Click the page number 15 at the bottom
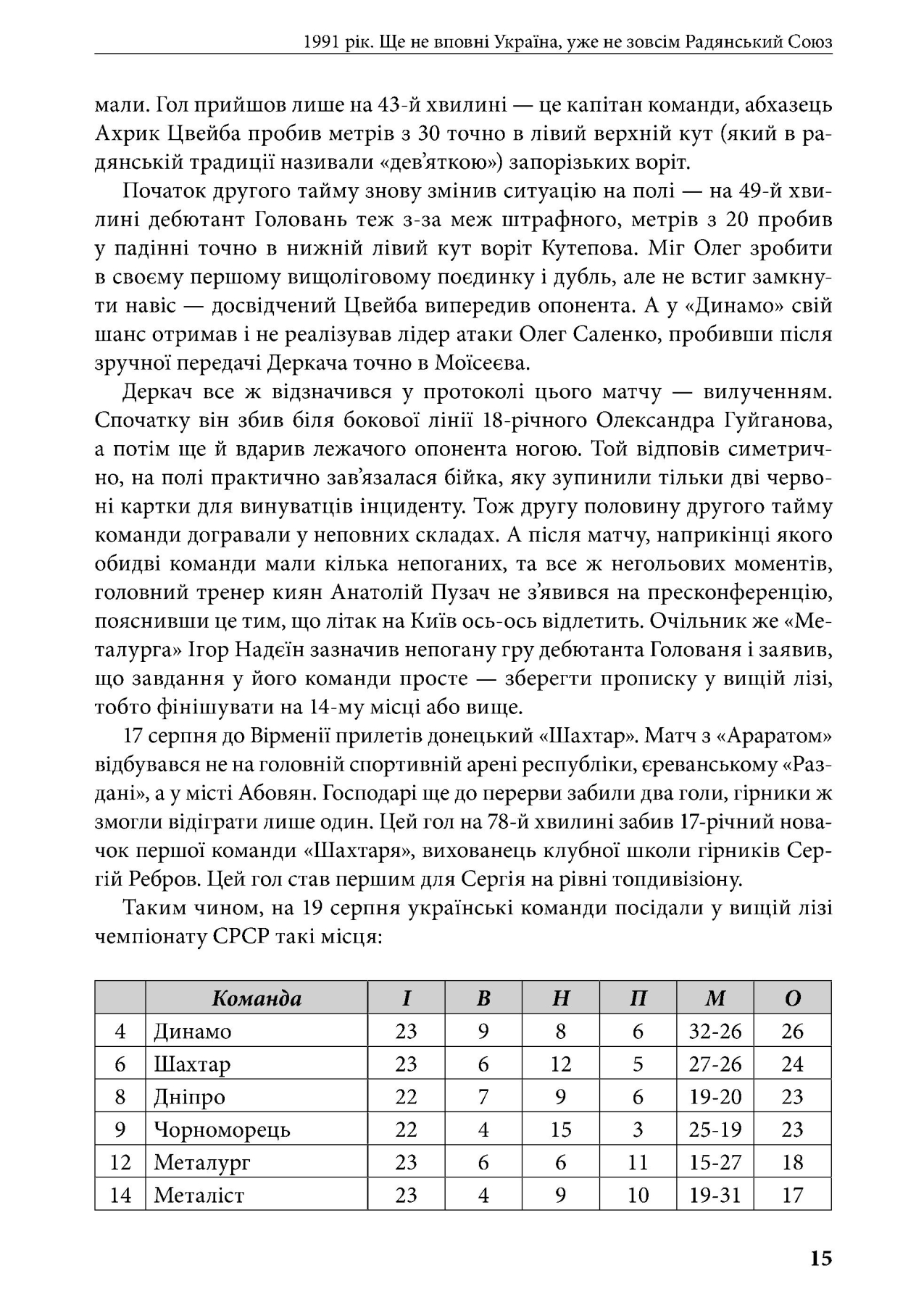(x=821, y=1258)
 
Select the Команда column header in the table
(x=257, y=998)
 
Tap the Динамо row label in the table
(x=193, y=1031)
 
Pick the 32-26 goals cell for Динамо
(x=715, y=1031)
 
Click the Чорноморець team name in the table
(x=222, y=1130)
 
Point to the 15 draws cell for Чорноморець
(x=560, y=1130)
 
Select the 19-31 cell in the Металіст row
(x=715, y=1195)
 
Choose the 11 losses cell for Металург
(x=638, y=1162)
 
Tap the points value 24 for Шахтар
(x=792, y=1064)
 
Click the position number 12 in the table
(x=120, y=1162)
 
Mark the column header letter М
(x=715, y=998)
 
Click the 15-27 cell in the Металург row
(x=715, y=1162)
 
